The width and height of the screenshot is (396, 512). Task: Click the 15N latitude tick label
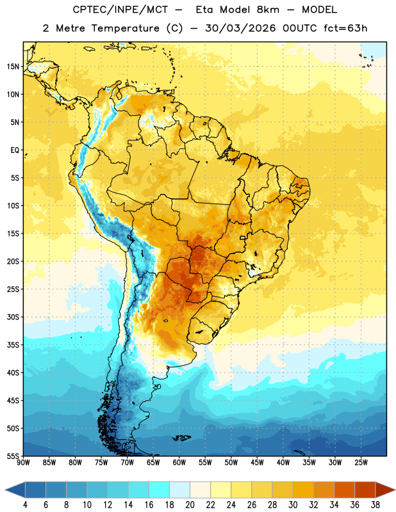[x=13, y=67]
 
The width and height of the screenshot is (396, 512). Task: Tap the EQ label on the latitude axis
[x=15, y=150]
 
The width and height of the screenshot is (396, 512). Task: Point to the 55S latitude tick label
[x=13, y=456]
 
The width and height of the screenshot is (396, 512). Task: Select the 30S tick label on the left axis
[x=13, y=317]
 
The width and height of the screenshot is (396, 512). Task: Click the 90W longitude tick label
[x=23, y=463]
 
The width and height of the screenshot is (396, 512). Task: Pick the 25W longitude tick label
[x=361, y=463]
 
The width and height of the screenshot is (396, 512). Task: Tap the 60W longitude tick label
[x=179, y=463]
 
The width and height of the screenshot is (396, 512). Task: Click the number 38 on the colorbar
[x=375, y=505]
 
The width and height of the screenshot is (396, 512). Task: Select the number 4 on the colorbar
[x=25, y=505]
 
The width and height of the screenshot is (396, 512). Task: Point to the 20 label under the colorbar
[x=190, y=505]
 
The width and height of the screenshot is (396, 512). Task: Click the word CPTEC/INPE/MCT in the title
[x=120, y=10]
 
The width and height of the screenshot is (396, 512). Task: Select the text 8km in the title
[x=268, y=10]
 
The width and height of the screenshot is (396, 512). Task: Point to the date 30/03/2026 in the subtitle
[x=241, y=28]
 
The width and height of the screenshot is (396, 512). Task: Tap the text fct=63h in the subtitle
[x=345, y=28]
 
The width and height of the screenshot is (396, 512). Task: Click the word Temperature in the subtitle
[x=125, y=28]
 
